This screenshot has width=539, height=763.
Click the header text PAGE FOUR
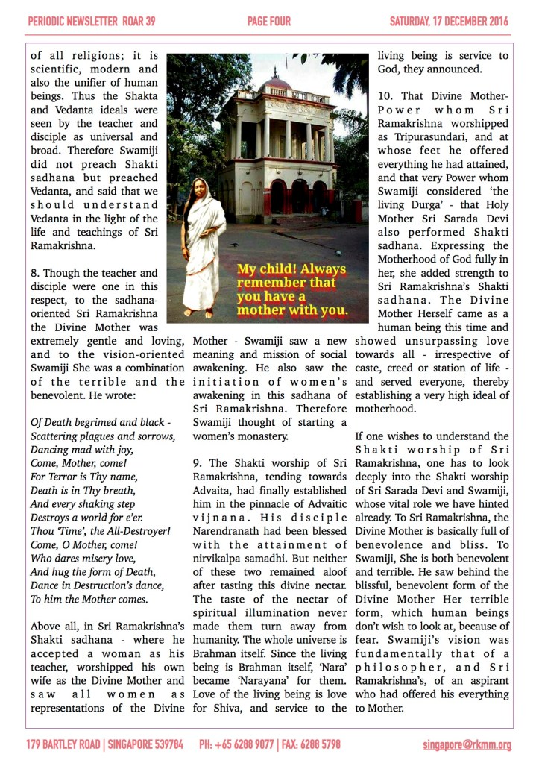[269, 22]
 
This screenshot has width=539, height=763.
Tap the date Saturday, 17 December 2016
[450, 22]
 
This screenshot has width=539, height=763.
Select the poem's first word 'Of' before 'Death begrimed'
[37, 423]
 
